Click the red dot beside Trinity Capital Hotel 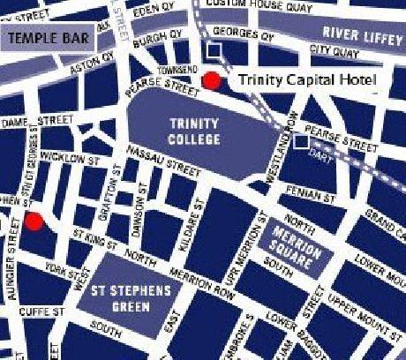click(212, 81)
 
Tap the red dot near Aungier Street click(34, 221)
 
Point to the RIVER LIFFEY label click(361, 34)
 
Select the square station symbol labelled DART click(302, 141)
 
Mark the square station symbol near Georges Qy click(212, 51)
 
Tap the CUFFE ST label click(39, 311)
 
